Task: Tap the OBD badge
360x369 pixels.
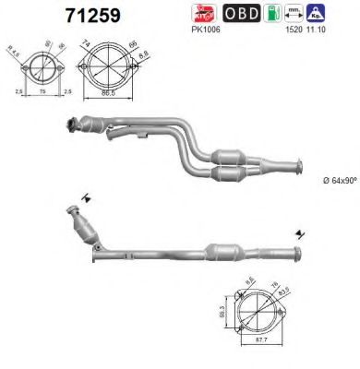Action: [242, 14]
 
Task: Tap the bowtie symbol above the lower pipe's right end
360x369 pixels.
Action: [299, 232]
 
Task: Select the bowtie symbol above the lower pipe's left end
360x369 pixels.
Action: [86, 196]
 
